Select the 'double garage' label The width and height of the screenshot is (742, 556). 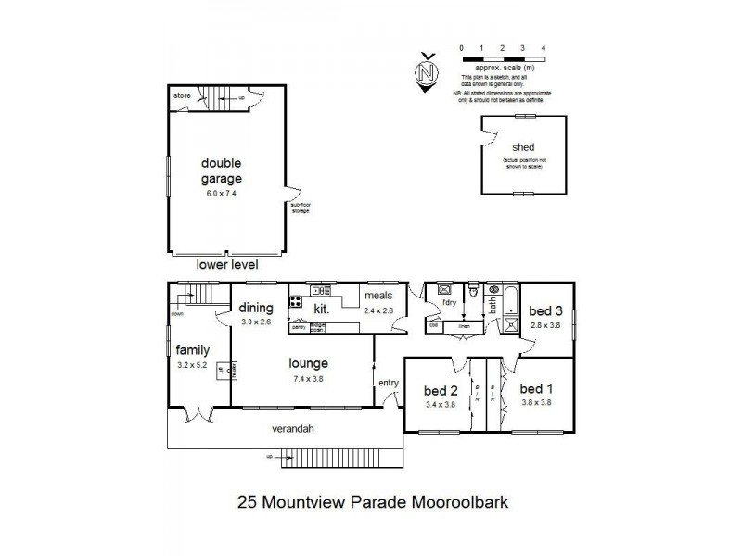(x=222, y=171)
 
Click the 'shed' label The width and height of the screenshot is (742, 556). (x=524, y=147)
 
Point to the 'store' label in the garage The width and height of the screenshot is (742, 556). (x=182, y=95)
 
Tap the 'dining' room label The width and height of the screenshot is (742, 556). (x=256, y=309)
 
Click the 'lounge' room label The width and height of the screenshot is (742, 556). (x=307, y=363)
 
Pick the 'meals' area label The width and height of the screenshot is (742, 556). (x=379, y=297)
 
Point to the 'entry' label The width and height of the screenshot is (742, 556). (x=388, y=382)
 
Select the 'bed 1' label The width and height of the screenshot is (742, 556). (x=537, y=388)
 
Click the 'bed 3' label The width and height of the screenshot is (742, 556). (x=544, y=311)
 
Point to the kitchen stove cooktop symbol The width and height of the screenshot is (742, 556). (x=296, y=300)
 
